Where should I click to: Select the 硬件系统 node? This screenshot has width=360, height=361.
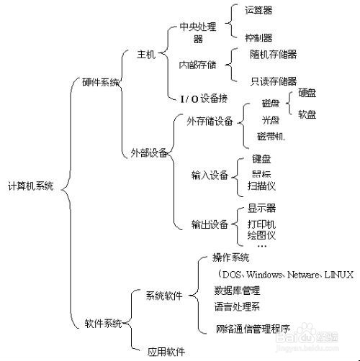(x=101, y=82)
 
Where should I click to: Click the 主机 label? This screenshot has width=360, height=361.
(x=146, y=55)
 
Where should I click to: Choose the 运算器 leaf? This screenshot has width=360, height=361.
(x=258, y=11)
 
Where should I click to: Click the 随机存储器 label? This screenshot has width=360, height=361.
(x=273, y=54)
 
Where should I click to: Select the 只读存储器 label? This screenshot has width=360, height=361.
(x=273, y=81)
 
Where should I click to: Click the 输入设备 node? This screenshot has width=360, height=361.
(x=210, y=175)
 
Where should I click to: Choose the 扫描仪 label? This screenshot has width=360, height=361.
(x=261, y=185)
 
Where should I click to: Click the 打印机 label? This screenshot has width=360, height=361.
(x=261, y=224)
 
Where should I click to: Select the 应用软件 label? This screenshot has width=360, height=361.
(x=166, y=352)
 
